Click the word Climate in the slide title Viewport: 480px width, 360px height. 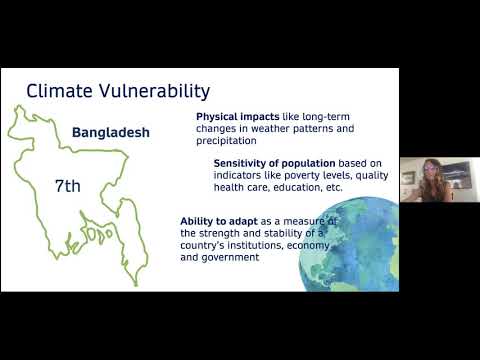(x=57, y=91)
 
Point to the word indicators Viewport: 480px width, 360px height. (x=236, y=175)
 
